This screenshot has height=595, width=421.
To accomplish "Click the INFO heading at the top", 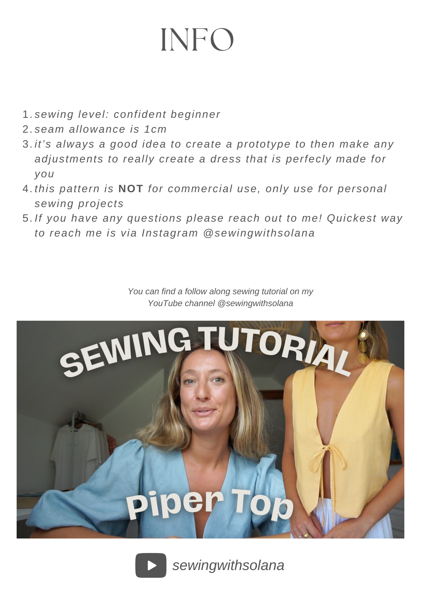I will (x=197, y=40).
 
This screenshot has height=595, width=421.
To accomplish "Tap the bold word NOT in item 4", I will (x=131, y=189).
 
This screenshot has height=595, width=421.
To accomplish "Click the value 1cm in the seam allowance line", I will (x=155, y=129).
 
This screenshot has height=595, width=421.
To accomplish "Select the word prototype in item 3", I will (x=263, y=144).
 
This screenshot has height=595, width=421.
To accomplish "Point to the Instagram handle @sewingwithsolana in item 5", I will (x=259, y=233).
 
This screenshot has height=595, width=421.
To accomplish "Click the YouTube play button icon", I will (x=151, y=565).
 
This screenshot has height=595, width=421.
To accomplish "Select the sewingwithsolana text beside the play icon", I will (x=228, y=565).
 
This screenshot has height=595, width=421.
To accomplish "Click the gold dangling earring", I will (x=363, y=347).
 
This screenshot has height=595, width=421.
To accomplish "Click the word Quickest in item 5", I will (x=352, y=218).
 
